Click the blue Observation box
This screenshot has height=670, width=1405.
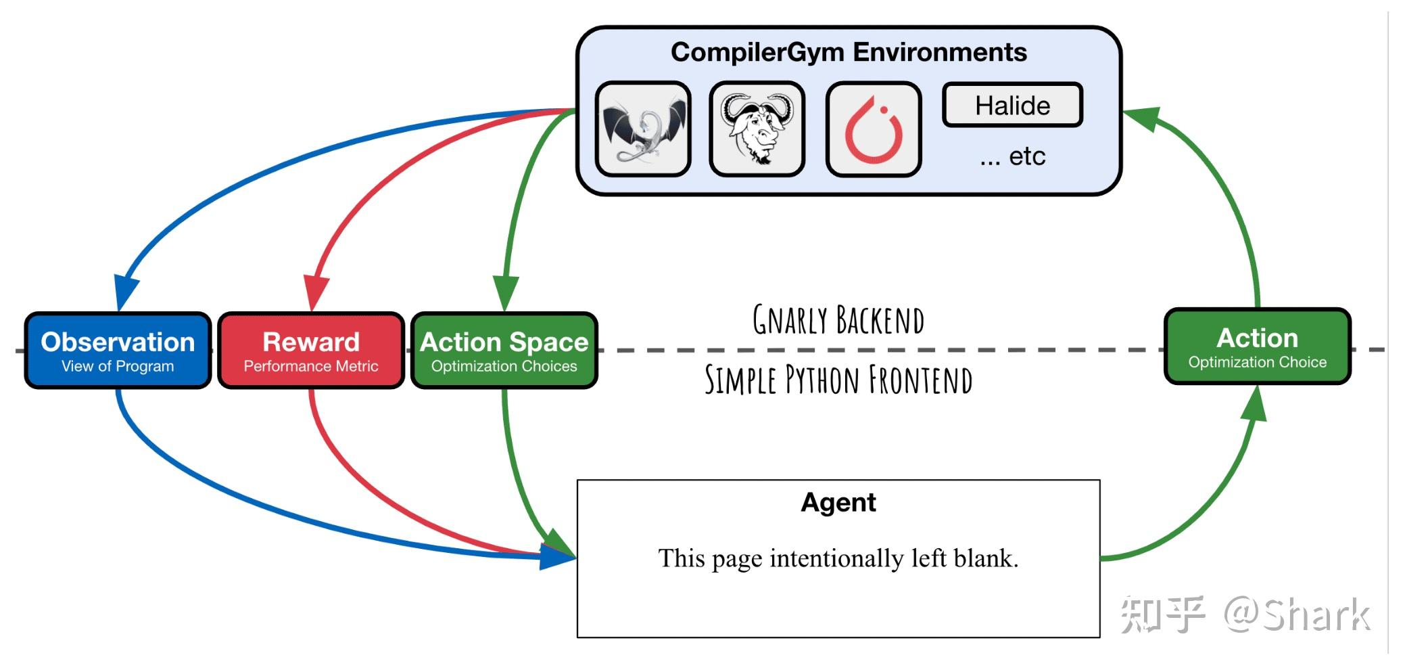point(118,351)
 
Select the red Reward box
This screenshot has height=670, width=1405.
point(311,351)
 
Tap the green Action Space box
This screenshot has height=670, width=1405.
point(504,351)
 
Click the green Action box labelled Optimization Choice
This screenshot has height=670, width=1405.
point(1258,347)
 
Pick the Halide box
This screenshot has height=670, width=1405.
point(1013,105)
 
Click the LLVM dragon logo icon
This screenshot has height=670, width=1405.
point(643,129)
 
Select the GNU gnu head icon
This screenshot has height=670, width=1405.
point(757,129)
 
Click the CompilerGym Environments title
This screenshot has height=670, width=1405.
point(849,52)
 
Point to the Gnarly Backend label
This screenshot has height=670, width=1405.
point(838,320)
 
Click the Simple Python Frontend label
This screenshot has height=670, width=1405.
point(838,379)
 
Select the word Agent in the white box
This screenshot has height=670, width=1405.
point(838,503)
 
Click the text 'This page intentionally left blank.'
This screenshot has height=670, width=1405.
point(838,558)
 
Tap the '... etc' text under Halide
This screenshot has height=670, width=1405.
point(1013,156)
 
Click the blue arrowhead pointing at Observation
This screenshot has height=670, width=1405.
point(126,292)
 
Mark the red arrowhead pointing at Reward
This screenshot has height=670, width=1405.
point(316,292)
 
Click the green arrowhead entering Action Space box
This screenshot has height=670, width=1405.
point(506,293)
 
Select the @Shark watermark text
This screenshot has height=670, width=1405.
point(1297,615)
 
